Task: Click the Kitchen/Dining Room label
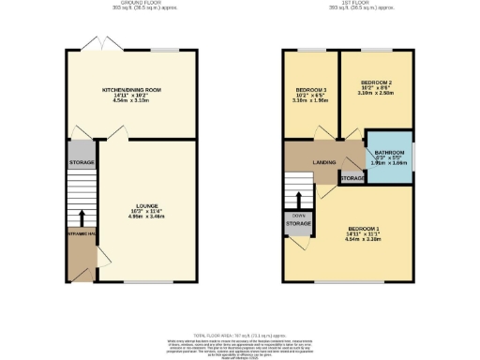131,89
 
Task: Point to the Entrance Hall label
81,233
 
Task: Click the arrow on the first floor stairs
298,200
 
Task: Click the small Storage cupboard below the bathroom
352,178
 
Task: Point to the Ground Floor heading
131,3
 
